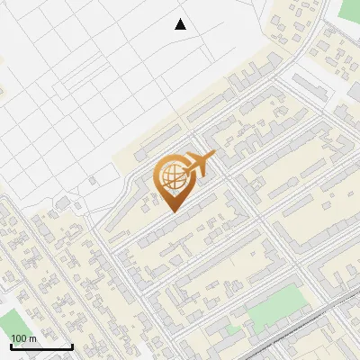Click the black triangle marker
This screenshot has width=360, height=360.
[180, 24]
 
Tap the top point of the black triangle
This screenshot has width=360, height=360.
[180, 19]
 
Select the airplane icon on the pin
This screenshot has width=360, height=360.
[199, 163]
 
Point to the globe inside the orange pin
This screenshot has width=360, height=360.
[171, 176]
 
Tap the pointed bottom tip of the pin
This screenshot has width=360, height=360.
[174, 211]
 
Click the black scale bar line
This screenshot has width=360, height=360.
[41, 347]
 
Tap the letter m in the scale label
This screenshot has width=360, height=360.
[32, 338]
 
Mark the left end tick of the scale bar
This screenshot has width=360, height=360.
[11, 346]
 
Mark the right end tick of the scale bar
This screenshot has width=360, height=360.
[72, 346]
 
